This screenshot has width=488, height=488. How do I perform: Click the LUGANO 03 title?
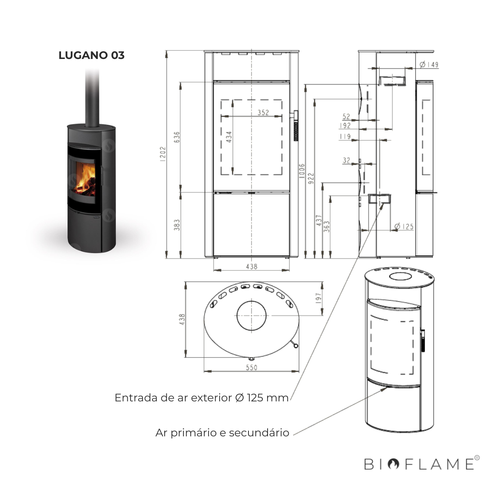[x=91, y=55]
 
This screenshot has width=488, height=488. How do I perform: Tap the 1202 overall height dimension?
[x=163, y=154]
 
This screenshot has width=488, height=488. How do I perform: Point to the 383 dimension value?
[x=176, y=225]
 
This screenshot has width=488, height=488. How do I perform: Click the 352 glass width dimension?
[x=263, y=112]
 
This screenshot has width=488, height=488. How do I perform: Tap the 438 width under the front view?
[x=252, y=266]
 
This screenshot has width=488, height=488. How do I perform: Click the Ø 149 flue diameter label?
[x=429, y=65]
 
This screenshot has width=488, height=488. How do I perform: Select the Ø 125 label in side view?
[x=404, y=227]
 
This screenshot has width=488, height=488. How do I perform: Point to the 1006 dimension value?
[x=301, y=172]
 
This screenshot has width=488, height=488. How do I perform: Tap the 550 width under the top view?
[x=252, y=367]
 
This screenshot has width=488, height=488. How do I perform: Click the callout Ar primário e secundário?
[x=222, y=433]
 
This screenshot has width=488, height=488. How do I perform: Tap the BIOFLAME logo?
[x=419, y=464]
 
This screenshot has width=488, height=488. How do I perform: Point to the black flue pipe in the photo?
[x=92, y=98]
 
